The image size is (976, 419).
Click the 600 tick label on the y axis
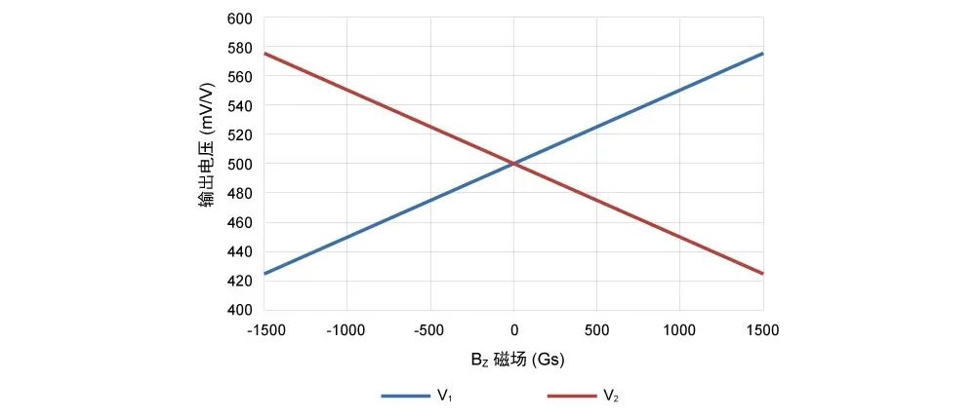coord(239,18)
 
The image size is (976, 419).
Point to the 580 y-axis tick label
coord(239,47)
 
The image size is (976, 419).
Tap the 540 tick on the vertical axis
coord(239,105)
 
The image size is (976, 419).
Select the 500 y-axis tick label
coord(239,164)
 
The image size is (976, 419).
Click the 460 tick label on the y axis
coord(239,222)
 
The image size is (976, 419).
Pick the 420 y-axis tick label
coord(239,281)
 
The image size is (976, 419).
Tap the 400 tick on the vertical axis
coord(239,310)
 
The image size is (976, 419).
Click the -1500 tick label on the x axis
coord(265,329)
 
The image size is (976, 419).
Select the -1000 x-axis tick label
coord(348,329)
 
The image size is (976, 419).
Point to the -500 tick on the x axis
coord(431,329)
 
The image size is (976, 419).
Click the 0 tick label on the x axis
coord(513,329)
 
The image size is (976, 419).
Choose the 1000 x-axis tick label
coord(679,329)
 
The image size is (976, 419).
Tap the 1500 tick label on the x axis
coord(762,329)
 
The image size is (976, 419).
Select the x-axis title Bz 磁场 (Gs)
coord(517,360)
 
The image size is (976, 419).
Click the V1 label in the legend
coord(444,396)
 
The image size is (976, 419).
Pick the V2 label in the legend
coord(610,396)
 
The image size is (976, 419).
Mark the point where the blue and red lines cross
coord(513,164)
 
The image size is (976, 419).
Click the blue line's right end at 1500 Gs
coord(762,54)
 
